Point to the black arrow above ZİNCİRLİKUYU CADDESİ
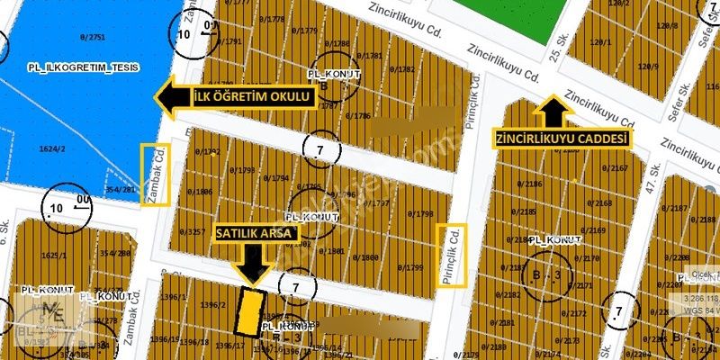click(x=552, y=112)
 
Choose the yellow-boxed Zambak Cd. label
click(x=155, y=175)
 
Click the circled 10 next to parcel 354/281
click(x=55, y=208)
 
